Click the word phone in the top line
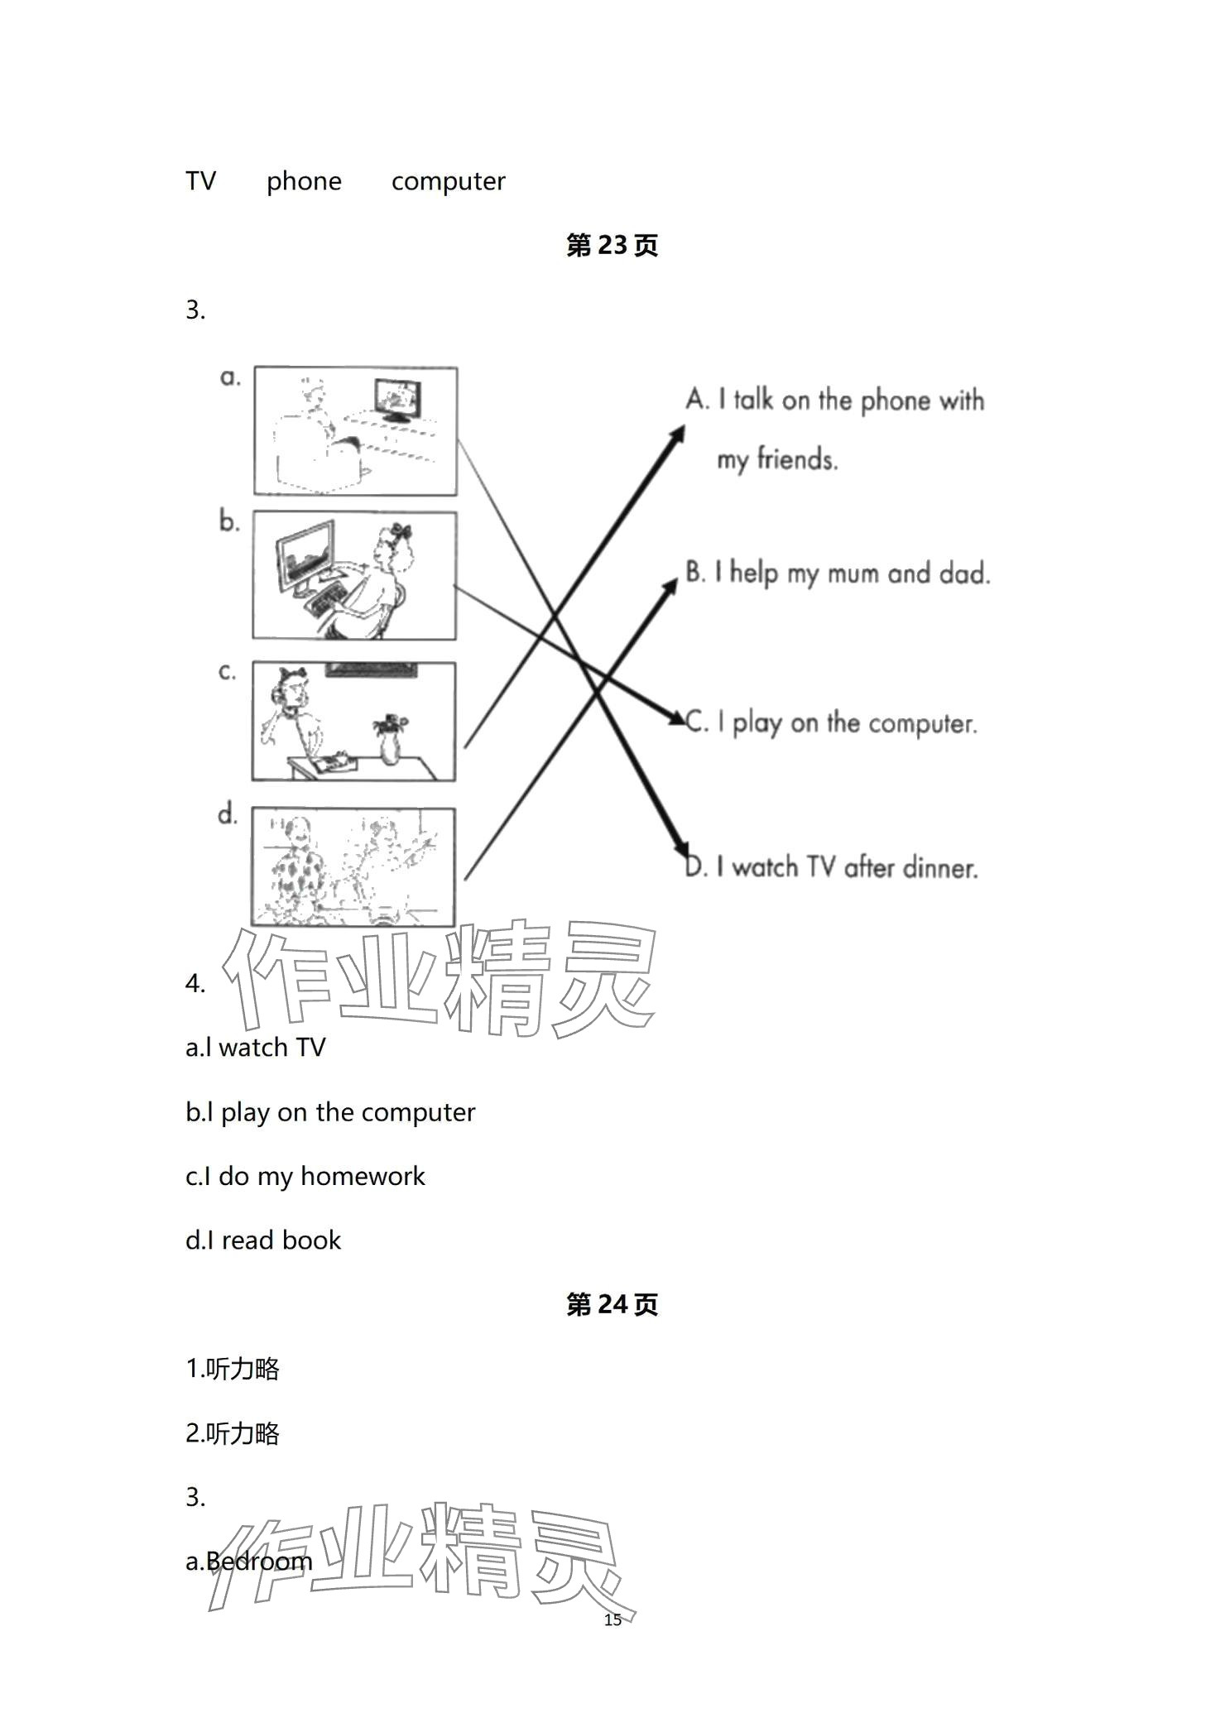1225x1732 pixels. coord(304,181)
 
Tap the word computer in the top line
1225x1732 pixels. coord(448,181)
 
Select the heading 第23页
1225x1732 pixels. coord(612,246)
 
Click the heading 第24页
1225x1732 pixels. coord(612,1305)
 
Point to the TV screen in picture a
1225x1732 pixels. coord(396,397)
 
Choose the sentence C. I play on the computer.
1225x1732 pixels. coord(832,722)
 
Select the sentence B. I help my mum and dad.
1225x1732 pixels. coord(838,573)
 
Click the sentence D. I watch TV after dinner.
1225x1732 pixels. coord(832,867)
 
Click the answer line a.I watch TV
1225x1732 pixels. coord(256,1048)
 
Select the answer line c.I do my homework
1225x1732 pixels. coord(305,1176)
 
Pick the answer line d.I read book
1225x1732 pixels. coord(263,1240)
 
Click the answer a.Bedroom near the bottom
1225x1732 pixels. coord(249,1562)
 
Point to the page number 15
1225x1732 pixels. coord(612,1619)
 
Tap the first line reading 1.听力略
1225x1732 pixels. coord(233,1370)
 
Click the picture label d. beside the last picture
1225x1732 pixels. coord(228,815)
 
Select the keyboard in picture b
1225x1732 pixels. coord(329,600)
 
